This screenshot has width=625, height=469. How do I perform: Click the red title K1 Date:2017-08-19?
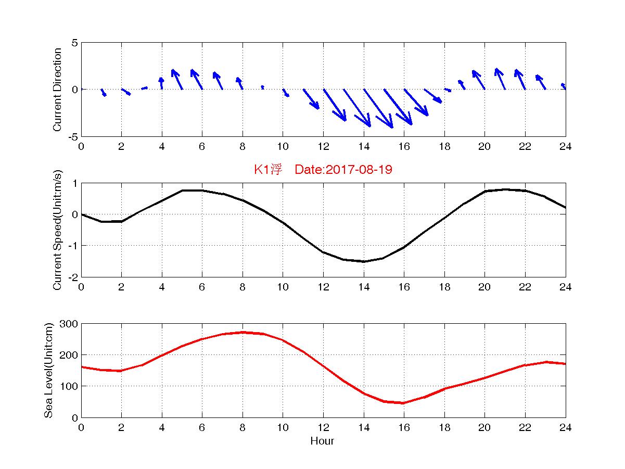pos(323,170)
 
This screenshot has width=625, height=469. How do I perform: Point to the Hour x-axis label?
pos(322,441)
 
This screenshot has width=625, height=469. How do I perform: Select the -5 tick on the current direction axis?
pos(72,136)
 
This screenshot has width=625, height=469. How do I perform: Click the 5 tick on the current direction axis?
pos(74,43)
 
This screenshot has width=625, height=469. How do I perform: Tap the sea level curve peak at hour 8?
pos(243,332)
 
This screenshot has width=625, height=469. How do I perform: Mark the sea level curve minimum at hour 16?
pos(404,403)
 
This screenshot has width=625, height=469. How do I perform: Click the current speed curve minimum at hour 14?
pos(364,261)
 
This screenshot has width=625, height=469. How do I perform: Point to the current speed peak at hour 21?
pos(505,189)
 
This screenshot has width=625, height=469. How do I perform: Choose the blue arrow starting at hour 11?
pos(311,99)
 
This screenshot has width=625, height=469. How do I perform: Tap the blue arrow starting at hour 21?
pos(500,79)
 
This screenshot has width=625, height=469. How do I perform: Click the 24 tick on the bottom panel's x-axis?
pos(565,427)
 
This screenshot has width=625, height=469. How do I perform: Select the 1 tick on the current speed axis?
pos(74,183)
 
